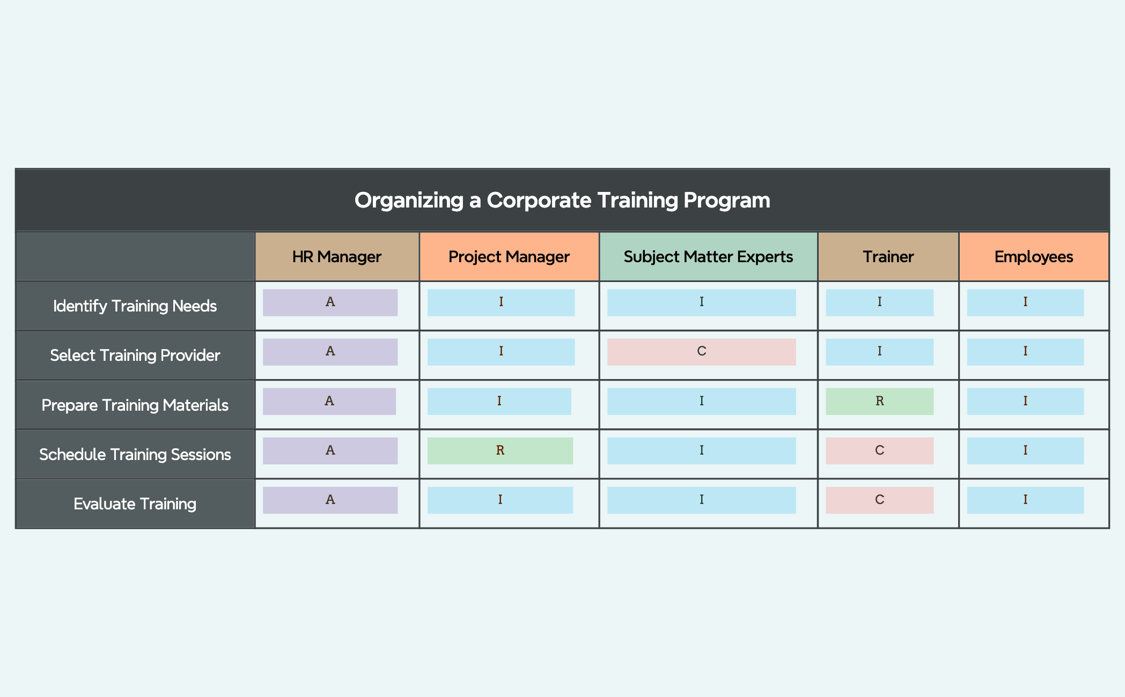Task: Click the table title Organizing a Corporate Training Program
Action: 562,200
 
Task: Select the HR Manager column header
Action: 337,257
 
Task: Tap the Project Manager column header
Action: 509,257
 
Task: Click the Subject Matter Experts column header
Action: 708,257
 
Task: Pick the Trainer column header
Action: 888,257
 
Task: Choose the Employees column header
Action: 1034,257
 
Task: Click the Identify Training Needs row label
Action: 135,306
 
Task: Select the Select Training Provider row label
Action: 135,355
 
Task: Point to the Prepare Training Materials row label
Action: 135,405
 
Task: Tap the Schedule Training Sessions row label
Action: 135,454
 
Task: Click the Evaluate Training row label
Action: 135,503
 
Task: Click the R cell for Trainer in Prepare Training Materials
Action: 880,401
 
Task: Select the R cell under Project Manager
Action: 500,450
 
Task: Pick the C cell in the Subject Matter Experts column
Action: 702,352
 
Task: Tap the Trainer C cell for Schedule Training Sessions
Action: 880,450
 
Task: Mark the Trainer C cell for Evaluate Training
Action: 880,500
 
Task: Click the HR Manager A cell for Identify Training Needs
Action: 330,302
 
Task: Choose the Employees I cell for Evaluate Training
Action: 1025,500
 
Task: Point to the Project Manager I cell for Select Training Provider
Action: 501,352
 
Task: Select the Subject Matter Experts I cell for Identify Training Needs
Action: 702,302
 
